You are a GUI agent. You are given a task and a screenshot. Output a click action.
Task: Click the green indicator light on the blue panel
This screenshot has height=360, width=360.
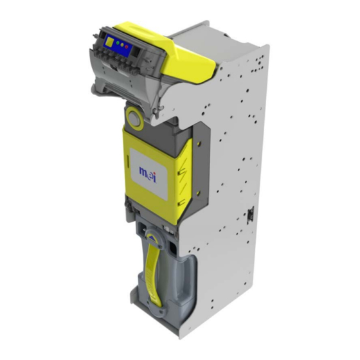[118, 43]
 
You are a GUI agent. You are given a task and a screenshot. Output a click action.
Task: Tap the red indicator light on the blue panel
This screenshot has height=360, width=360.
[127, 47]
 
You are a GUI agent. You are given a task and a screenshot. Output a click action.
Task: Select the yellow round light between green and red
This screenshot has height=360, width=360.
[122, 45]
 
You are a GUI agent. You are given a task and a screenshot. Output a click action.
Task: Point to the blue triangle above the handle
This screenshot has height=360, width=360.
[152, 237]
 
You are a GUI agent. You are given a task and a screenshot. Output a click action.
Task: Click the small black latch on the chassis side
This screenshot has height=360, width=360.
[250, 214]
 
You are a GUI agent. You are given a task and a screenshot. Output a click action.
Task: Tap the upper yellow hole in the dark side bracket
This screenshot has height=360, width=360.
[199, 144]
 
